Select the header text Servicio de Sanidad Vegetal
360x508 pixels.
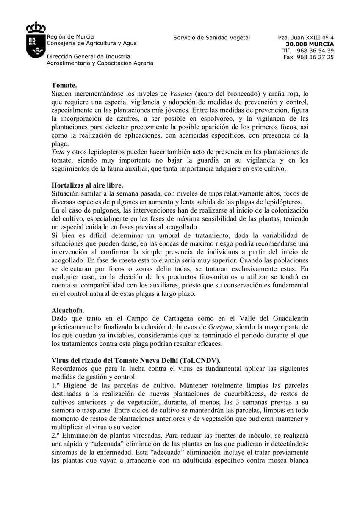[x=212, y=38]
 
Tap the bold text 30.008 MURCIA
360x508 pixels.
[x=310, y=44]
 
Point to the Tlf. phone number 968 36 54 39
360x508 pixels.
[x=315, y=51]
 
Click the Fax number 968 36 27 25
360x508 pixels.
[x=315, y=57]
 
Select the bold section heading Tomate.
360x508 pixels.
[x=64, y=86]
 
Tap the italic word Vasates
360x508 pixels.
[x=181, y=94]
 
